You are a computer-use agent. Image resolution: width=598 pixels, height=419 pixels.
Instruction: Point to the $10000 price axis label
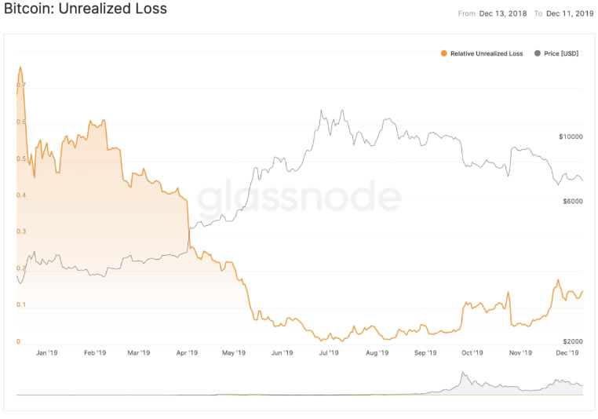click(571, 137)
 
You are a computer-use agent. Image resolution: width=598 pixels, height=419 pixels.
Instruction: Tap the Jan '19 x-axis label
click(47, 353)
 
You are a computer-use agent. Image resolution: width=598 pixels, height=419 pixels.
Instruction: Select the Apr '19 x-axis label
click(188, 353)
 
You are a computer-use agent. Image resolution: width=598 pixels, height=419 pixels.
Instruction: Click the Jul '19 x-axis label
click(329, 353)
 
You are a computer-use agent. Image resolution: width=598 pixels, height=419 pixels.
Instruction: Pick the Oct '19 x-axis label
click(472, 353)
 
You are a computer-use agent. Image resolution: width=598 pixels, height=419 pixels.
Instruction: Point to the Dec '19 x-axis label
click(567, 353)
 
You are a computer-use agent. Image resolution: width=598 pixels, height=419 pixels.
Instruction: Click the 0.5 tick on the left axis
click(21, 158)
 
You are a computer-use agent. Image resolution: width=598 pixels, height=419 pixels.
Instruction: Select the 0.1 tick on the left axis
click(21, 304)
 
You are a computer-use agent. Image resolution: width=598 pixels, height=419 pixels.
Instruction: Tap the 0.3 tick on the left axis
click(21, 231)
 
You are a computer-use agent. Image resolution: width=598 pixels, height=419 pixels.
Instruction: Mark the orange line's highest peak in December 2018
click(20, 67)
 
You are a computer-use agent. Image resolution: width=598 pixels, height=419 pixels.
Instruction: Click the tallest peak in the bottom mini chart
click(463, 373)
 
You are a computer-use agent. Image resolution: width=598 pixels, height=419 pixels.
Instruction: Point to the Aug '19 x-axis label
click(377, 353)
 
